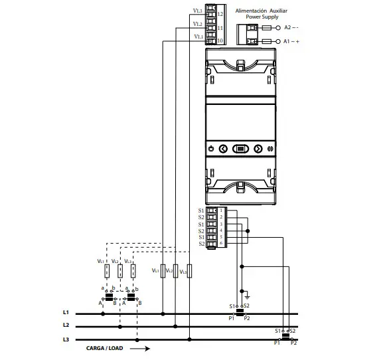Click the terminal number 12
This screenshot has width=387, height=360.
pos(220,13)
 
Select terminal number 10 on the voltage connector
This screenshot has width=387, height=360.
pos(220,41)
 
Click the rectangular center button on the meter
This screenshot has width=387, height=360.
pos(240,149)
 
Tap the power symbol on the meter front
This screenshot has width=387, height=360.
pos(210,149)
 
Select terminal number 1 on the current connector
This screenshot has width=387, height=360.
pos(220,211)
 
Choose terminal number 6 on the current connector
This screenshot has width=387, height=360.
pos(220,244)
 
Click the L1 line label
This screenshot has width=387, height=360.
pos(66,312)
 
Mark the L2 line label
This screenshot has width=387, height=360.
pos(66,325)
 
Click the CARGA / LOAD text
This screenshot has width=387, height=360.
pos(105,347)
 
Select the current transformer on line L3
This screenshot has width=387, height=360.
pos(285,336)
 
